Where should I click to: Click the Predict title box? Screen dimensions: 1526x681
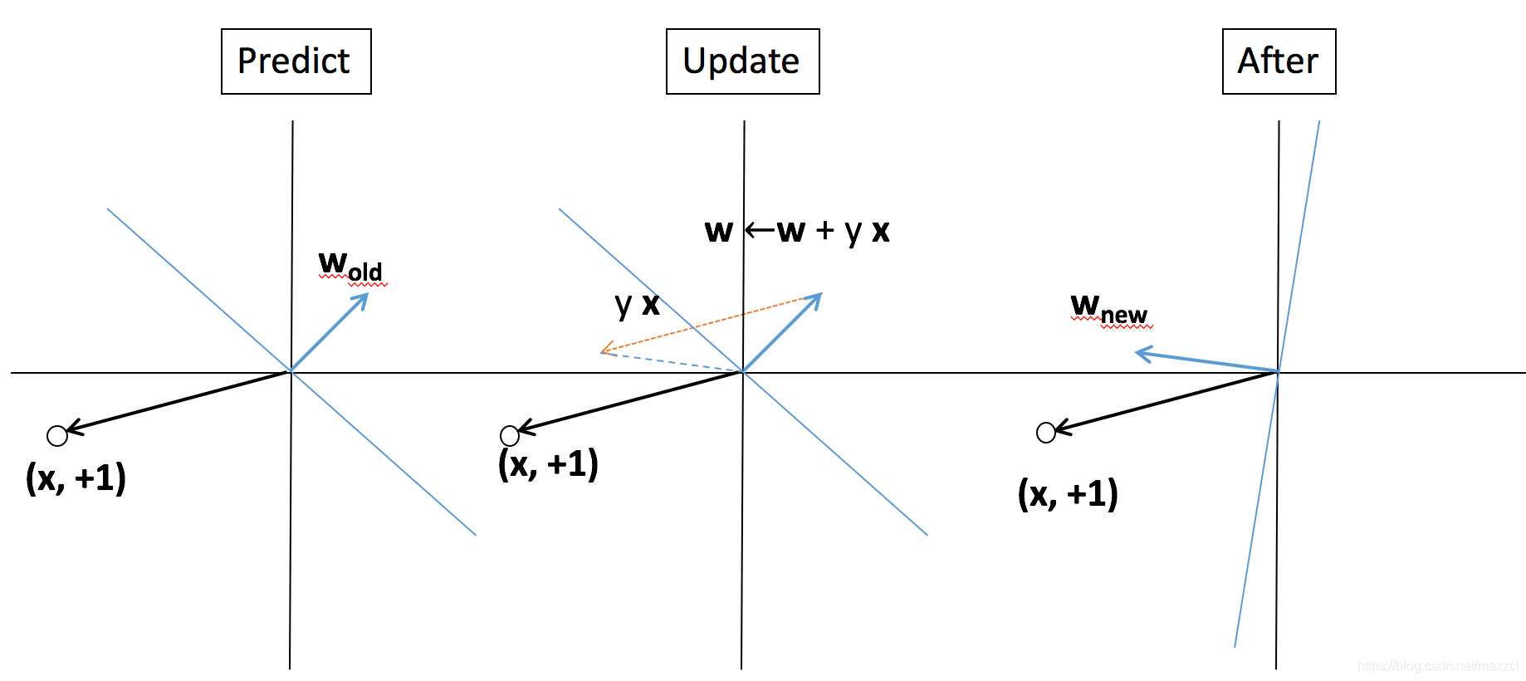(x=296, y=61)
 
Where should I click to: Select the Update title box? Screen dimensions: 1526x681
(x=742, y=61)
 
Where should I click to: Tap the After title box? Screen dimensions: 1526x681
(x=1279, y=61)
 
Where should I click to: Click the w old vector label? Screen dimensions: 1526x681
(x=350, y=267)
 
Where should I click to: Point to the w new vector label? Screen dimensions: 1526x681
(x=1109, y=310)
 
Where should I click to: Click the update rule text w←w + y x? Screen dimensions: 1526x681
(x=797, y=231)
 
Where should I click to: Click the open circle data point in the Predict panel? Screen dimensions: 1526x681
(x=57, y=435)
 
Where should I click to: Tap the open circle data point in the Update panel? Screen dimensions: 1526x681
(x=510, y=435)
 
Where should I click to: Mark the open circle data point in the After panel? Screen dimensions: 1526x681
(x=1046, y=432)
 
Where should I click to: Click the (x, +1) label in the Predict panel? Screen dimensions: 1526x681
(x=76, y=478)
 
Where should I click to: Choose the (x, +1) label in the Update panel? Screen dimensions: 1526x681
(x=548, y=464)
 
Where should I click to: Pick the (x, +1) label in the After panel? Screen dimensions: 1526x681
(x=1068, y=494)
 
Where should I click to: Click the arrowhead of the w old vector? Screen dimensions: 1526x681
(x=363, y=298)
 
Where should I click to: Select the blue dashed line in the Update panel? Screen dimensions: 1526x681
(x=673, y=361)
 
